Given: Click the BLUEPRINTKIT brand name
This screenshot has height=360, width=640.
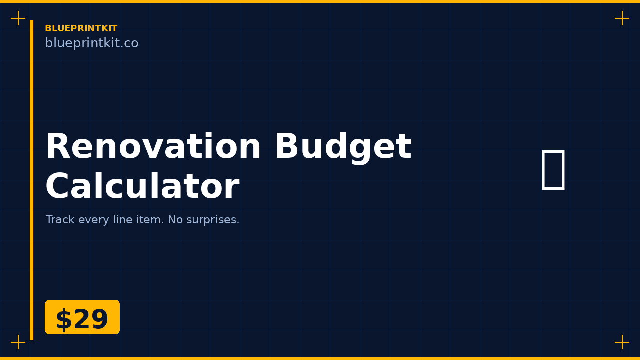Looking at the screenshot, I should [x=81, y=28].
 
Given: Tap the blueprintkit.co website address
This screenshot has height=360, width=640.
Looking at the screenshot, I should [x=91, y=43].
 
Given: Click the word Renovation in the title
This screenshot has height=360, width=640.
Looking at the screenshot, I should [x=153, y=147].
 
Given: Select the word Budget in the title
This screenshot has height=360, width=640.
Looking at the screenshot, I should [x=343, y=147].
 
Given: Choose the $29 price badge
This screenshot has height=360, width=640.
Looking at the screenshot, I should [x=82, y=317].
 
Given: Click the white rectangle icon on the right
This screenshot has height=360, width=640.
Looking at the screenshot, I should [x=553, y=169].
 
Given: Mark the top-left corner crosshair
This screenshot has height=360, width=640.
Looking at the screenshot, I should [x=18, y=18].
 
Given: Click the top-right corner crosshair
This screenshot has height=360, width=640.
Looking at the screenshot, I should [x=622, y=18].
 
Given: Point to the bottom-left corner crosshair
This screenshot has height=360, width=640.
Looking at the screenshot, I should [x=18, y=342].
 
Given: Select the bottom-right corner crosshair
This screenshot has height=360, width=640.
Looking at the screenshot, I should [x=622, y=342].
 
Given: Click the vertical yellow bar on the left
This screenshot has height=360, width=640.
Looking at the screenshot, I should [x=31, y=180].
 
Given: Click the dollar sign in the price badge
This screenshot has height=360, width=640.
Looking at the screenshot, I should [x=63, y=320].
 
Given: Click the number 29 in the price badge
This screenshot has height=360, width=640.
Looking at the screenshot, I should [x=90, y=320].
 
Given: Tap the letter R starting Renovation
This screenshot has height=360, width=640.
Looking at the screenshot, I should [x=57, y=147].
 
